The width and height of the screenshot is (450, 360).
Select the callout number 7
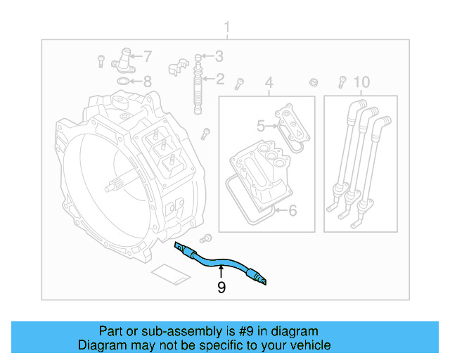148,56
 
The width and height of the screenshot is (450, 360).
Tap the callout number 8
147,81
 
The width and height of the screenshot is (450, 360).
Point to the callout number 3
219,56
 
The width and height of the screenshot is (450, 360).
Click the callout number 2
219,79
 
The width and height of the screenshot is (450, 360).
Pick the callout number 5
261,127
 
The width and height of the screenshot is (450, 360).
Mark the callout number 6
292,210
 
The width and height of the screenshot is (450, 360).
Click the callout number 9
221,287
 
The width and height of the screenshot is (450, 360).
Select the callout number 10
361,83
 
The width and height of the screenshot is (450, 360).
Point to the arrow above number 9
221,271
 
